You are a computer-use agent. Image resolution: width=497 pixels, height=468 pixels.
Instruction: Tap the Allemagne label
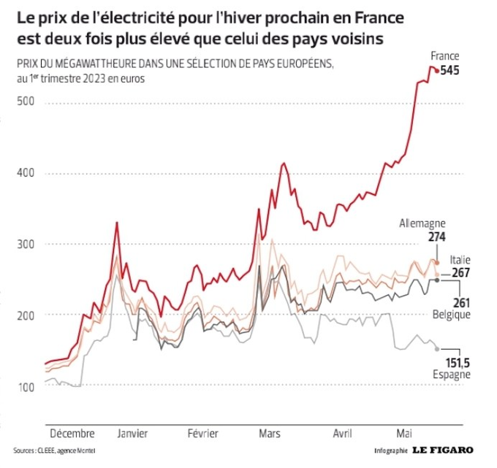[x=422, y=224]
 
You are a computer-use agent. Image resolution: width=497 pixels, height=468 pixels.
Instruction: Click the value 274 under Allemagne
[x=438, y=237]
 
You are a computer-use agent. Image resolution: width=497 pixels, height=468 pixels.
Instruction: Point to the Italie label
[x=460, y=260]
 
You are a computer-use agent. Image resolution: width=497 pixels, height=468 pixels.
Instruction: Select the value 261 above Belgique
[x=461, y=302]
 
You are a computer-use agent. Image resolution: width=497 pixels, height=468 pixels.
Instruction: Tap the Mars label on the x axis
[x=269, y=432]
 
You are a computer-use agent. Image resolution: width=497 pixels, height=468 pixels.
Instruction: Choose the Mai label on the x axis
[x=405, y=432]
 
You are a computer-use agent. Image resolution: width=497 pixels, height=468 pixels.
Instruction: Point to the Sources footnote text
[x=53, y=450]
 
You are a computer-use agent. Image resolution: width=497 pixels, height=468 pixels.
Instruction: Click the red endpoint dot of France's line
[x=436, y=71]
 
